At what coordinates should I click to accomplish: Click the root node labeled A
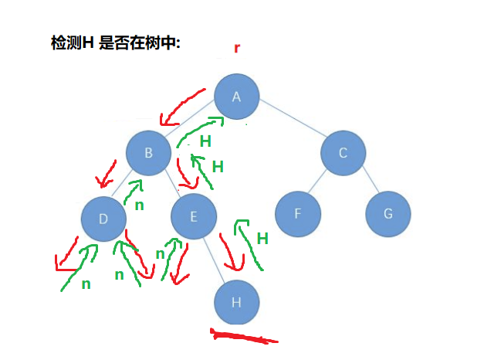tap(237, 97)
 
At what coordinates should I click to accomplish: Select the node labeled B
tap(149, 152)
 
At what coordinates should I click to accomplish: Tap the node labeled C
tap(343, 152)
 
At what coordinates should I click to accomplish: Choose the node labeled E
tap(193, 217)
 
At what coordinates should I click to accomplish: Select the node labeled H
tap(237, 302)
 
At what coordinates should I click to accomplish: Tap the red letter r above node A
tap(237, 49)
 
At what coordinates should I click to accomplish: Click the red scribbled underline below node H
tap(243, 337)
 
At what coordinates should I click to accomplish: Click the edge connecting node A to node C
tap(289, 124)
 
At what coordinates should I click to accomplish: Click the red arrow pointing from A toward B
tap(181, 107)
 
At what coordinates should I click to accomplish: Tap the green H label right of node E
tap(262, 239)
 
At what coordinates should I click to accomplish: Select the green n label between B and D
tap(139, 205)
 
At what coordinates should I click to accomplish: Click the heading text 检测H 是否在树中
tap(115, 44)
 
